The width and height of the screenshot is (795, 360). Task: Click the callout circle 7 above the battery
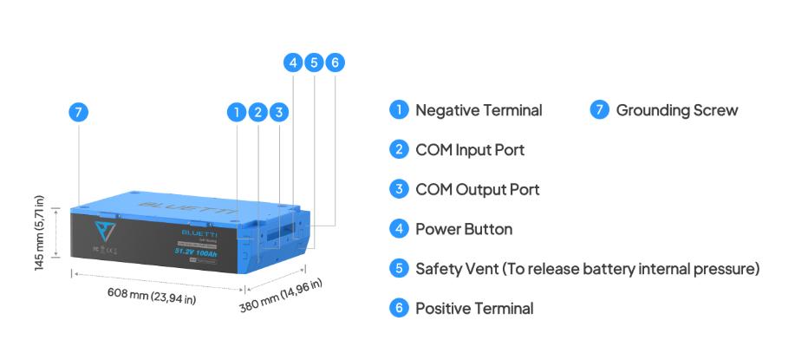[79, 112]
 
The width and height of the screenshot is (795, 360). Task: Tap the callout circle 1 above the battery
[236, 112]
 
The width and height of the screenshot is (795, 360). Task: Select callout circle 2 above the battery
[257, 112]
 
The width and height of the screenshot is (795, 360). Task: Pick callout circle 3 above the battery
[278, 112]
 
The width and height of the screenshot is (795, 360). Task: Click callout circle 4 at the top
[293, 62]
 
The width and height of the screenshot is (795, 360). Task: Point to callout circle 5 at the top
[315, 62]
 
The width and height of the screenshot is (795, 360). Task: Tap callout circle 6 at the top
[336, 62]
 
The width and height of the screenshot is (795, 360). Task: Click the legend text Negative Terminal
[479, 110]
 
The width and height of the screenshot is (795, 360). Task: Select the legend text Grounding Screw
[676, 110]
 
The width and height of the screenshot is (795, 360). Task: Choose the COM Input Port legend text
[470, 150]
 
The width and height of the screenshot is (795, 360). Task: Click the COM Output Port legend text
[477, 189]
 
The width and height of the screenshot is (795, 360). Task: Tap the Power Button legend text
[464, 229]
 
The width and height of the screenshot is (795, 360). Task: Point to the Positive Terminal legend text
[474, 308]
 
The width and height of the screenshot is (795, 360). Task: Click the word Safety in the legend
[437, 268]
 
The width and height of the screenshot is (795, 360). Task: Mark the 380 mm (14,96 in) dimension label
[281, 298]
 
